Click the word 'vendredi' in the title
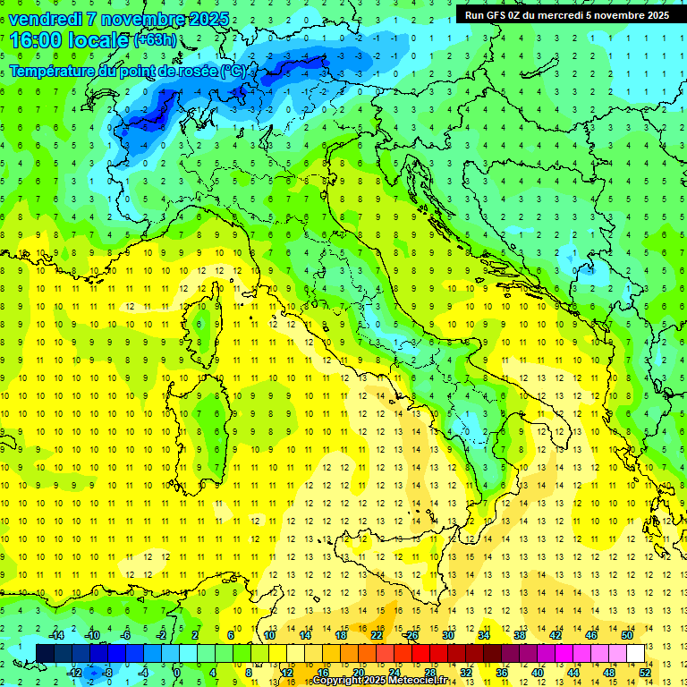point(46,19)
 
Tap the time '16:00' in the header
point(35,40)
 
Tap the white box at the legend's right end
point(636,653)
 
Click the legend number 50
point(627,635)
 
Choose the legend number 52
point(645,672)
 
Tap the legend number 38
point(520,635)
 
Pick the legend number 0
point(178,672)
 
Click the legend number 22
point(377,635)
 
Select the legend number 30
point(448,635)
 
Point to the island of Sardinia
point(202,420)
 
